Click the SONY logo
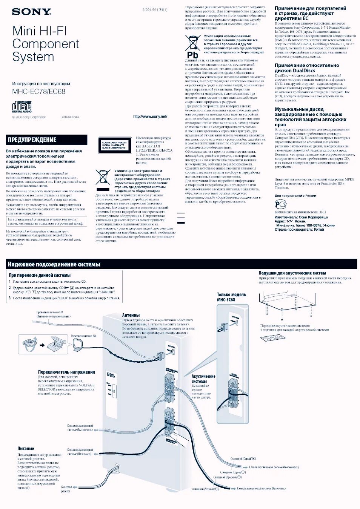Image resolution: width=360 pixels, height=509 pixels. [x=32, y=12]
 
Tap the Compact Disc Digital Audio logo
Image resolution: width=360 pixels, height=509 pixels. [x=22, y=107]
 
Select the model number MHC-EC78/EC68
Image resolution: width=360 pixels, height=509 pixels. [x=39, y=92]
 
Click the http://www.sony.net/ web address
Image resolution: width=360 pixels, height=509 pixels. [x=150, y=117]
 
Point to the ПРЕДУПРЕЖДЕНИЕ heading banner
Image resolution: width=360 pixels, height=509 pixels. [x=46, y=140]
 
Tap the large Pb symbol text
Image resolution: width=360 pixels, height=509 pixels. [x=192, y=55]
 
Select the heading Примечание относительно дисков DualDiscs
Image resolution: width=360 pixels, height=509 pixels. [x=307, y=68]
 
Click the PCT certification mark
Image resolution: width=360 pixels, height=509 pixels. [x=280, y=204]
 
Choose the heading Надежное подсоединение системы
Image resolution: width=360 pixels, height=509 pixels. [x=54, y=264]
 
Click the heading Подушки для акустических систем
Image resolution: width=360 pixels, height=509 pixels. [x=292, y=273]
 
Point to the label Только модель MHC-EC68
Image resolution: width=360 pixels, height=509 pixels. [x=231, y=297]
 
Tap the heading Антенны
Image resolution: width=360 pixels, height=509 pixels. [x=131, y=315]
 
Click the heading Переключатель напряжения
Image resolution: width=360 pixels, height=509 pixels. [x=66, y=372]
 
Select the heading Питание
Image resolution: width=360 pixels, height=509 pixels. [x=26, y=449]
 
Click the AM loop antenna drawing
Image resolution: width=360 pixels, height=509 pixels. [x=78, y=345]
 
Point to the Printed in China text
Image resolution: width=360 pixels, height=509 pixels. [x=70, y=117]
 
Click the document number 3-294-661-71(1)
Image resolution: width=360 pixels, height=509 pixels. [x=155, y=10]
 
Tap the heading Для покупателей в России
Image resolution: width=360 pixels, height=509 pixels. [x=295, y=196]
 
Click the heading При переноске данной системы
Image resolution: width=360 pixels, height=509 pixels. [x=40, y=276]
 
